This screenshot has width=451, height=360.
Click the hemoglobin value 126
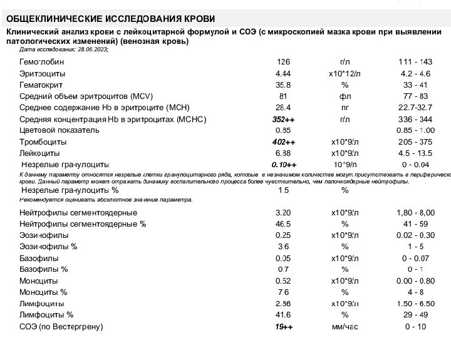pos(283,62)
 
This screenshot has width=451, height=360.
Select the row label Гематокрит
pos(42,85)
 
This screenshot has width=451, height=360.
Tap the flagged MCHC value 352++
pos(284,119)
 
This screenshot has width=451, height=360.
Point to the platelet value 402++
pos(284,142)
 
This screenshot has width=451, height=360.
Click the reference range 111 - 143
pos(415,62)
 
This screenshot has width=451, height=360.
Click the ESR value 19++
pos(284,327)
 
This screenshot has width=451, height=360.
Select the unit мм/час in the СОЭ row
pos(345,327)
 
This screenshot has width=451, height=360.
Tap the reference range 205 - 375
pos(415,142)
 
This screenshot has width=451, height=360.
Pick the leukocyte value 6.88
pos(283,153)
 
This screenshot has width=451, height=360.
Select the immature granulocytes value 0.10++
pos(284,165)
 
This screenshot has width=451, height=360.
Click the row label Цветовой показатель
pos(60,130)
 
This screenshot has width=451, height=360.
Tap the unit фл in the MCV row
pos(345,96)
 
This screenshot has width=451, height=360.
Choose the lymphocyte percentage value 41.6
pos(283,315)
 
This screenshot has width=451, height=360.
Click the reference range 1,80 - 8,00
pos(415,212)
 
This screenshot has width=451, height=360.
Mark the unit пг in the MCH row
pos(345,108)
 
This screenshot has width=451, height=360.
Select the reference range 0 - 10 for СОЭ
pos(415,327)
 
